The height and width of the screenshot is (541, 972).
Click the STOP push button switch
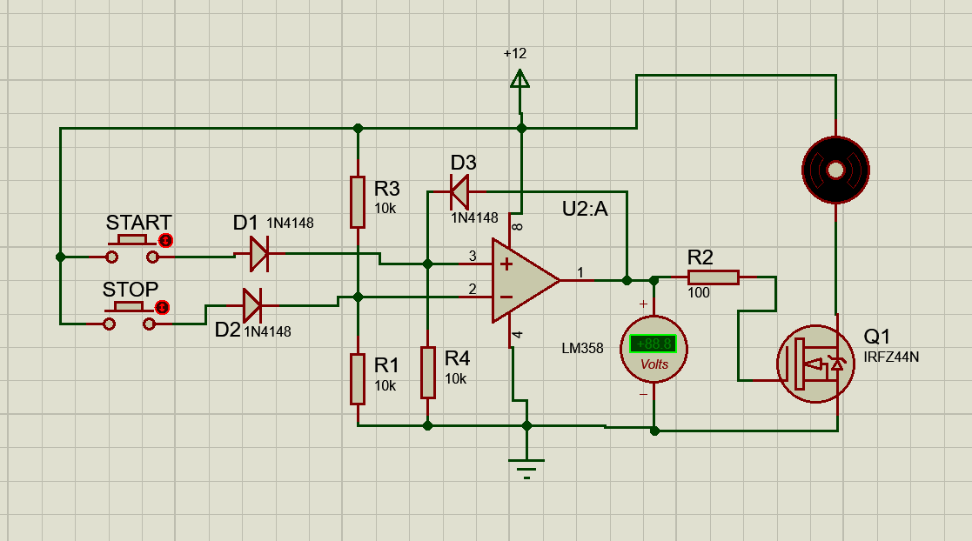[x=129, y=316]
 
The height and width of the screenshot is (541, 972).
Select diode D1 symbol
[x=259, y=253]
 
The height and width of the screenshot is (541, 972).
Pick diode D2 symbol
[x=252, y=305]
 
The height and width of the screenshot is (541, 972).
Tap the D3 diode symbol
[x=459, y=192]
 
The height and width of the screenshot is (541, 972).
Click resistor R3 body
[x=358, y=202]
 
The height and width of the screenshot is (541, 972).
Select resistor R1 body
[x=358, y=378]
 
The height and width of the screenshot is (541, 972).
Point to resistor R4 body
[x=428, y=371]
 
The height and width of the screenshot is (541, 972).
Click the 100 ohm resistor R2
[x=714, y=277]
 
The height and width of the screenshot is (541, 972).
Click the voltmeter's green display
[x=654, y=344]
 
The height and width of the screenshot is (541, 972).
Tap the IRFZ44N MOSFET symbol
[x=815, y=364]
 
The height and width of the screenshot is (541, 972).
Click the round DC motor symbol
[x=835, y=170]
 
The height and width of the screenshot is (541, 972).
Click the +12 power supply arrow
[x=520, y=79]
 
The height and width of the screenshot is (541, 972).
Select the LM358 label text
[x=583, y=348]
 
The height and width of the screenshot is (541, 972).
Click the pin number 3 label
[x=473, y=256]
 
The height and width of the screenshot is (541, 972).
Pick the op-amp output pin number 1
[x=580, y=272]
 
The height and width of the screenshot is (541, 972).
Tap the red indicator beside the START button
[x=165, y=240]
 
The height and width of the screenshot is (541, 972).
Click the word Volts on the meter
[x=654, y=364]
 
